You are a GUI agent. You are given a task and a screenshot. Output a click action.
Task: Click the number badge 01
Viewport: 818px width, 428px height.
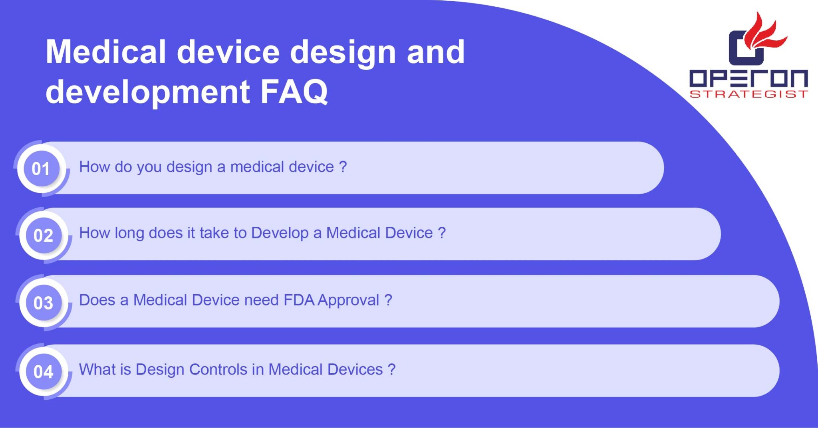[42, 168]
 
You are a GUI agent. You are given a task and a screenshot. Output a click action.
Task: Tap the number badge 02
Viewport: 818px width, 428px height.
[44, 235]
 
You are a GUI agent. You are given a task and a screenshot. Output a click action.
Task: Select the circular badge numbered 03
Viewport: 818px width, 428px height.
[44, 303]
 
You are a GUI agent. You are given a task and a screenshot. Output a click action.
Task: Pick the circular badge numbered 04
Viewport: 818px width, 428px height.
[44, 371]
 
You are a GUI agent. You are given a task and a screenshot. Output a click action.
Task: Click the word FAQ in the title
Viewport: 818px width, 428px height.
[294, 92]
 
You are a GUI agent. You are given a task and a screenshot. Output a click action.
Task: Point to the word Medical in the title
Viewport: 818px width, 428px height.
[106, 52]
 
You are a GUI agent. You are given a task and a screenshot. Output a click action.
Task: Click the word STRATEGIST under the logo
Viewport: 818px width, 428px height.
[749, 94]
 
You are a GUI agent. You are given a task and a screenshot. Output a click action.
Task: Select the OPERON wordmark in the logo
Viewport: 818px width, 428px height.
[749, 78]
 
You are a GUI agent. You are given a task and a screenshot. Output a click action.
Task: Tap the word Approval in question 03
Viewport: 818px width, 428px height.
[349, 301]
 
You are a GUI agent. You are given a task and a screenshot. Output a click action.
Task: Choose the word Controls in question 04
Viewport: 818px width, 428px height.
[218, 369]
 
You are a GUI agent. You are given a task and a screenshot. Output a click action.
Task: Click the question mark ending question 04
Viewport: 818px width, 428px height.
[391, 369]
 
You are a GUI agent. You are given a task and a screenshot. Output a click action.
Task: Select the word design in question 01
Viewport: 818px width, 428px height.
[189, 167]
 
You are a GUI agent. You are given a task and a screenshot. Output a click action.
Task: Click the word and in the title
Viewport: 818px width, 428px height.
[436, 52]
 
